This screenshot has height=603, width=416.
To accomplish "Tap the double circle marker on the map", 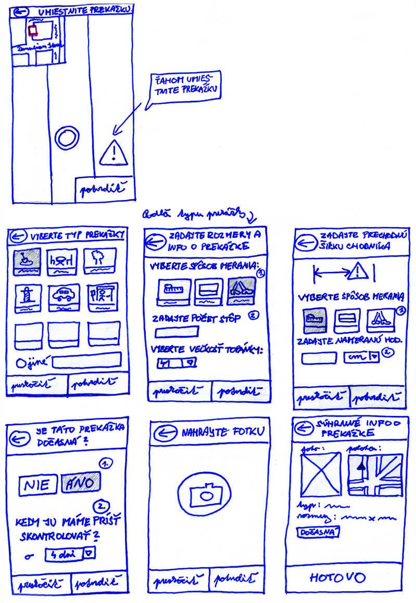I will click(67, 137).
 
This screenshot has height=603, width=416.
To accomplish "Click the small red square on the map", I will click(33, 31).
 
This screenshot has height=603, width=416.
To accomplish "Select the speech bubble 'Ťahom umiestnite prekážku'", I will click(184, 86).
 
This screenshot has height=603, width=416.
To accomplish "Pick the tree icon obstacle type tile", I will click(100, 260).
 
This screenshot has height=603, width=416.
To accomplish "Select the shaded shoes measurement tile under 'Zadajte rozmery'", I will click(241, 291).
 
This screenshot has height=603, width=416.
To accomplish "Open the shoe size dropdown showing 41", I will click(177, 363).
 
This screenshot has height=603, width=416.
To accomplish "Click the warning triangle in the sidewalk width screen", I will click(358, 271).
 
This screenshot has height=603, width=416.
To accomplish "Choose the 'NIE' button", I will click(38, 484).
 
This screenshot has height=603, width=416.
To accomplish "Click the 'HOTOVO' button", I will click(338, 577).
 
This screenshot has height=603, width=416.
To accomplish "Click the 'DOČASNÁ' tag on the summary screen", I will click(318, 532).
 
